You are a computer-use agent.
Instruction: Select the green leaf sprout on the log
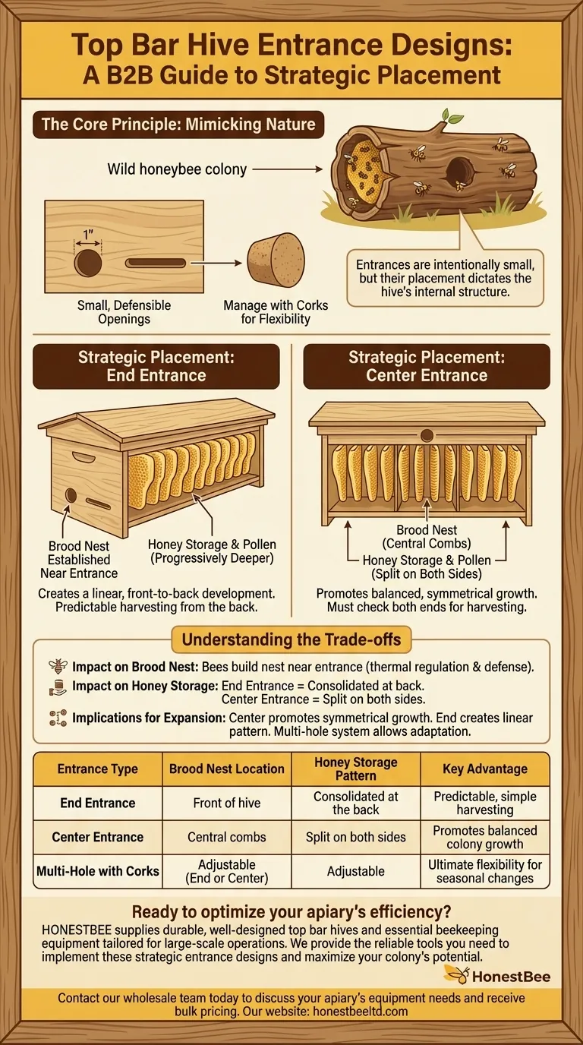pos(452,116)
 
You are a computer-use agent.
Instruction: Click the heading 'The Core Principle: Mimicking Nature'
pos(178,124)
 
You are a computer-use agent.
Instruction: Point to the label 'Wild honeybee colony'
pos(177,169)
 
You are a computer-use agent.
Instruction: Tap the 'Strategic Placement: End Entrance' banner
pos(155,366)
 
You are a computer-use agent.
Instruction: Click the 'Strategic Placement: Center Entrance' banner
pos(427,366)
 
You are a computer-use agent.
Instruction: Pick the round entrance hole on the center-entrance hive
pos(427,435)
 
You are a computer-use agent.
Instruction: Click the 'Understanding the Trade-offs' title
pos(291,639)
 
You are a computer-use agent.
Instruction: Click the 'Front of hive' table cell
pos(227,803)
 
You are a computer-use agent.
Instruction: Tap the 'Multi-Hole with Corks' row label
pos(98,871)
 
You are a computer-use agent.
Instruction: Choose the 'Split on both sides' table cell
pos(355,837)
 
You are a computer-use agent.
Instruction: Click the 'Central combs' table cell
pos(227,837)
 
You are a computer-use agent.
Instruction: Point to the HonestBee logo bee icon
pos(455,975)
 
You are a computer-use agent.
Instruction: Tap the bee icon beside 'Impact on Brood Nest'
pos(58,667)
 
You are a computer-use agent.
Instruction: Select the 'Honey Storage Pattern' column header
pos(355,769)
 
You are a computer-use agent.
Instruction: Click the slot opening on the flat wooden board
pos(156,264)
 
